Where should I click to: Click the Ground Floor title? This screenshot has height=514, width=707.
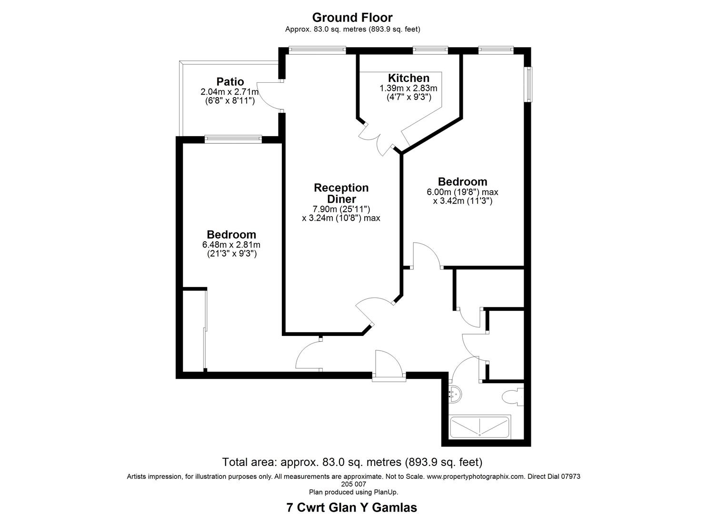pos(352,17)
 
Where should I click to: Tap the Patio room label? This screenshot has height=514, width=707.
pos(230,81)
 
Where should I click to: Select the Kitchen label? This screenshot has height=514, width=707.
pos(409,78)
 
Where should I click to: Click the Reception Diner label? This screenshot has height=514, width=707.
pos(341,193)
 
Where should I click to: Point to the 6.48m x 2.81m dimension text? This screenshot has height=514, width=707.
pos(231,245)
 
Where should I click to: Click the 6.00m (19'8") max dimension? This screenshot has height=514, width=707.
pos(463,192)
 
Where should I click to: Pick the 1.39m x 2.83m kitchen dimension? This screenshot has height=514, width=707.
pos(408,88)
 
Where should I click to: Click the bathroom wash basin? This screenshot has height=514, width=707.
pos(455,394)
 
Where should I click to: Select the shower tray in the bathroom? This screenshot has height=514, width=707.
pos(480,426)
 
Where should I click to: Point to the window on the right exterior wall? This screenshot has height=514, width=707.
pos(528,84)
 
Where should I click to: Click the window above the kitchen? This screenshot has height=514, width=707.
pos(430,49)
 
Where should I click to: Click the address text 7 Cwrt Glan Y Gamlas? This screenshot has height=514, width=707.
pos(352,507)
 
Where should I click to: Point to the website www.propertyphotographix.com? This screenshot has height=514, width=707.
pos(476,476)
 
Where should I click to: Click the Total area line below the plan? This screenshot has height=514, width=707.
pos(352,462)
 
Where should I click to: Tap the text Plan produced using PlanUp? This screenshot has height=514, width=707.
pos(353,492)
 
